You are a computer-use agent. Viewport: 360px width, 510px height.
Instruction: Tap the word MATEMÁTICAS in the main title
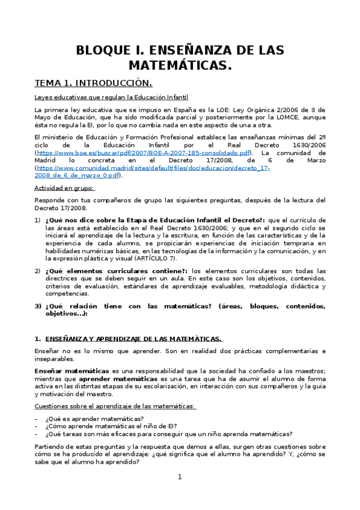click(x=179, y=64)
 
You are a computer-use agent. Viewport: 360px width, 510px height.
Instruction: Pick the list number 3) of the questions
click(x=38, y=306)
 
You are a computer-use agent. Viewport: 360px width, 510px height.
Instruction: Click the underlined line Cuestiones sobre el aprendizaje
click(x=115, y=407)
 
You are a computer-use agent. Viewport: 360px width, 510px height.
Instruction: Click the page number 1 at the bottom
click(x=179, y=477)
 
